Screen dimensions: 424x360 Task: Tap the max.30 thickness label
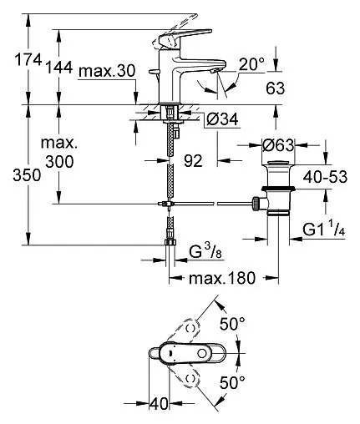coord(108,73)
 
